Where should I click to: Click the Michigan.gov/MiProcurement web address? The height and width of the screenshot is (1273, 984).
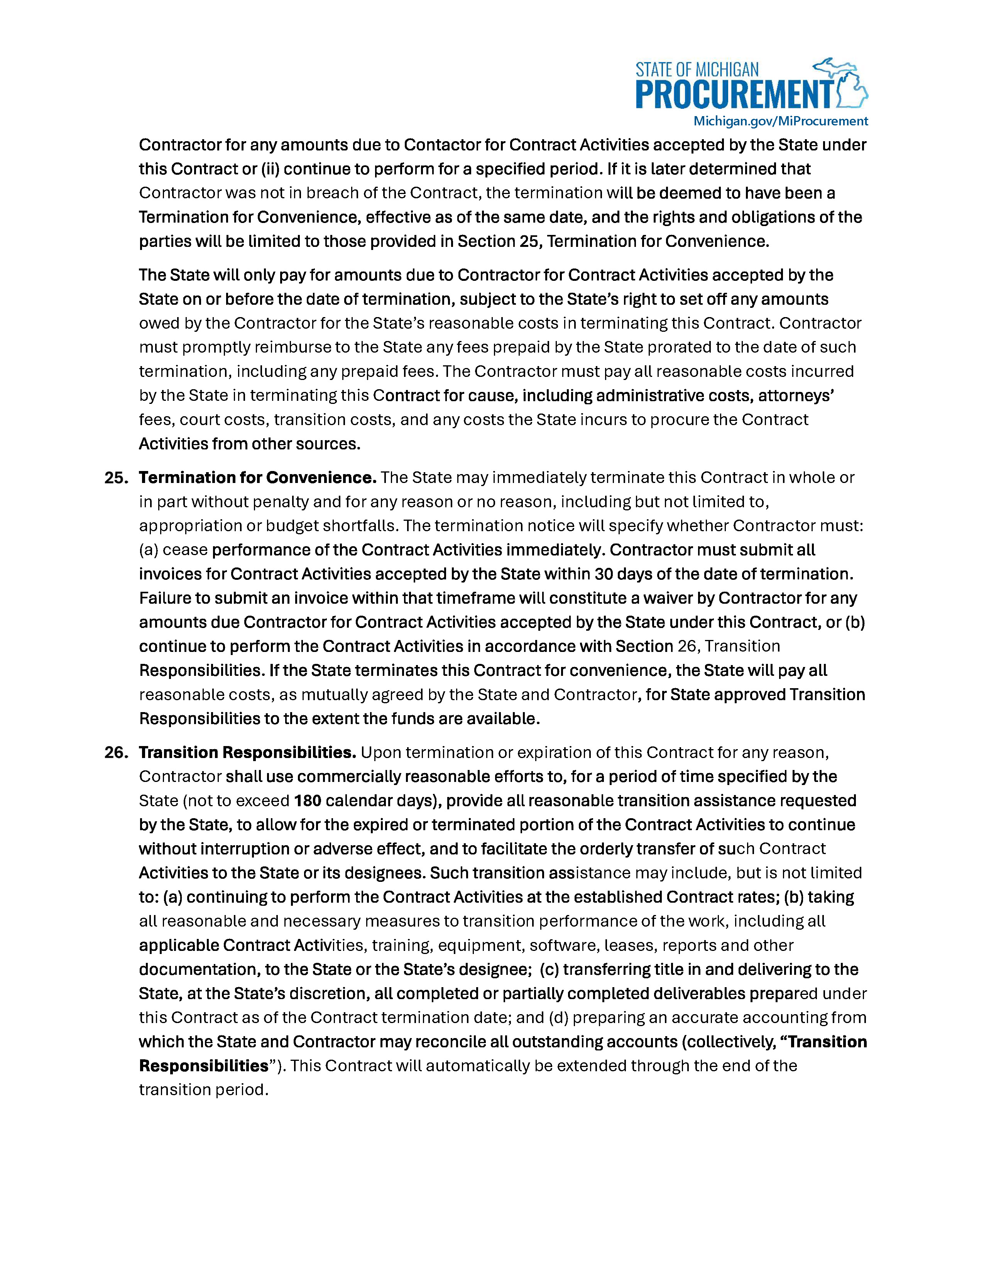tap(780, 121)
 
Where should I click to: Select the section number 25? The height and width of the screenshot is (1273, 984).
tap(116, 478)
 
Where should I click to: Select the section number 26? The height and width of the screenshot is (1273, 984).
tap(116, 753)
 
